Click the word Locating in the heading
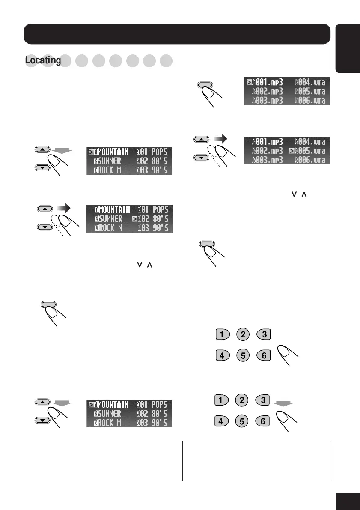click(x=43, y=61)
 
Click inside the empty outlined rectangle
click(x=256, y=461)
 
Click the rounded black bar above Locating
click(x=176, y=34)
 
